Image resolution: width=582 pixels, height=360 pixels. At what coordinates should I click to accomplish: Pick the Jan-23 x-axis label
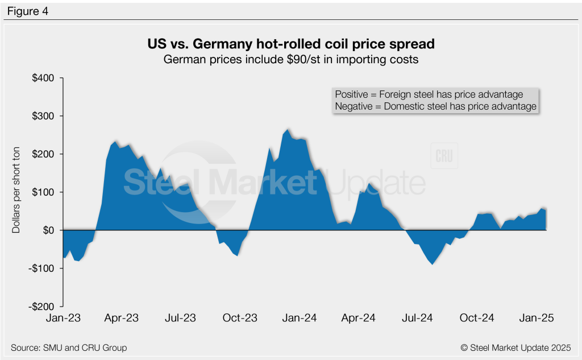pos(63,318)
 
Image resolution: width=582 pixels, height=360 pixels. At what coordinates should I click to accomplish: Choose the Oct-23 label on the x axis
pos(240,318)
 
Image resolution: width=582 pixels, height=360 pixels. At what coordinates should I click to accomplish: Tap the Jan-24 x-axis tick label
pos(300,318)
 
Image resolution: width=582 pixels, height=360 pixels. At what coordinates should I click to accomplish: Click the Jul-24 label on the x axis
pos(417,318)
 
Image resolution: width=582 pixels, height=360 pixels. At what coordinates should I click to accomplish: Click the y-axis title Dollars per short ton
pos(16,192)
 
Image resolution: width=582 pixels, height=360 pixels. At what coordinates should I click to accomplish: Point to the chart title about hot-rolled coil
pos(290,44)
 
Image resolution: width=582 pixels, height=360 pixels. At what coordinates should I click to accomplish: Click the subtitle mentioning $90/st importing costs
pos(290,59)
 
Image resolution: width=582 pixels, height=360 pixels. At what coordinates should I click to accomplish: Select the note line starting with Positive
pos(429,94)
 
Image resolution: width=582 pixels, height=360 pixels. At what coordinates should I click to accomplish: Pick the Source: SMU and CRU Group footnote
pos(69,347)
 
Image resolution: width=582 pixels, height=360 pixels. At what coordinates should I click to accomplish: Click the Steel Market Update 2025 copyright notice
pos(514,347)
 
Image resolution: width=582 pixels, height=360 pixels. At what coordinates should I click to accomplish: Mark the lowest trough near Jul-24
pos(433,264)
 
